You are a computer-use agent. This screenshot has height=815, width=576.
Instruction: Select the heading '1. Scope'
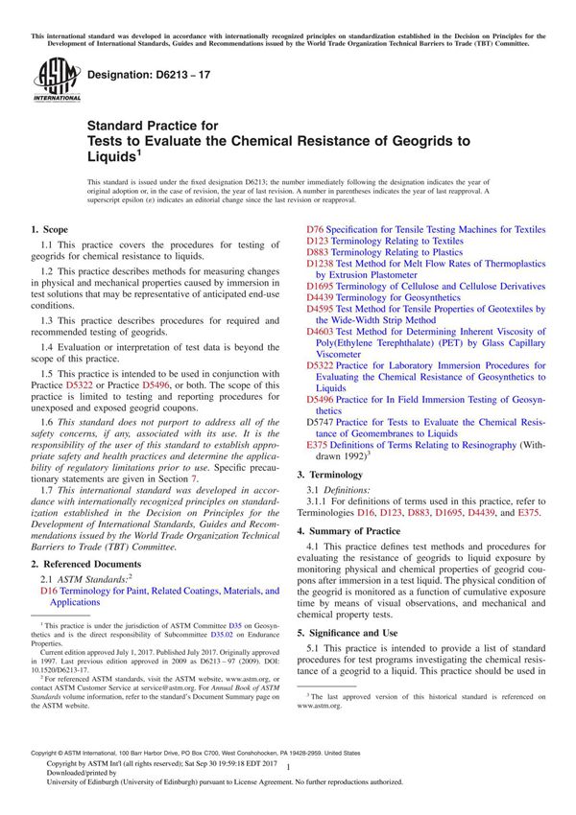(x=50, y=230)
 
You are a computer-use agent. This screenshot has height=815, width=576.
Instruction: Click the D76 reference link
(x=315, y=230)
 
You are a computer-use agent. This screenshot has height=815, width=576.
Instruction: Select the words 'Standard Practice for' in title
(x=153, y=126)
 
